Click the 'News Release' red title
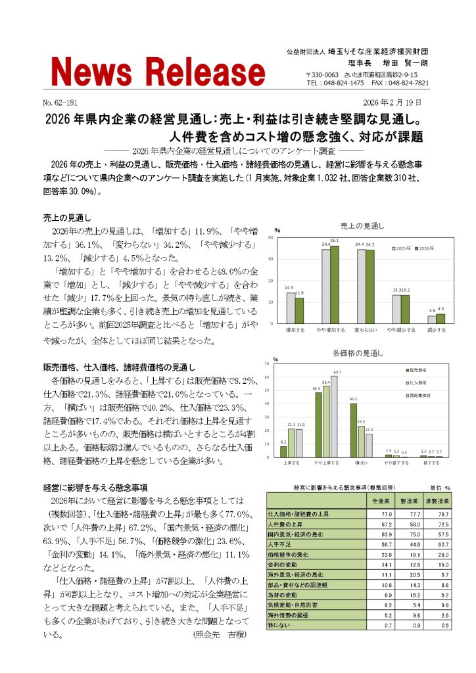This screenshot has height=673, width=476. tap(158, 71)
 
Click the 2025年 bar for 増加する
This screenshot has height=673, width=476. tap(291, 308)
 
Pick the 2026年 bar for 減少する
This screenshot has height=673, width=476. tap(440, 319)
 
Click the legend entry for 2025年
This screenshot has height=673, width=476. tap(403, 249)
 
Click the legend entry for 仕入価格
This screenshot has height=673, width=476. tap(416, 382)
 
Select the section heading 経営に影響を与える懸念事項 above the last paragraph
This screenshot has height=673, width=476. tap(95, 487)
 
